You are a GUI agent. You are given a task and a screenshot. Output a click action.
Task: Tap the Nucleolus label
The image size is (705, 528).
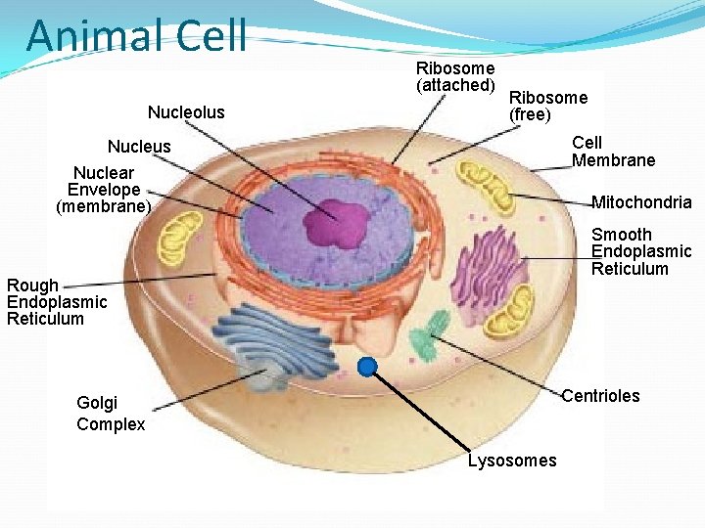point(186,112)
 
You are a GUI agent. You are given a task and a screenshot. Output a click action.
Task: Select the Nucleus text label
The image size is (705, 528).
point(139,147)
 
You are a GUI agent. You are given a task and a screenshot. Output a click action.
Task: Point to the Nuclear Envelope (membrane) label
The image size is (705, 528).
point(104,190)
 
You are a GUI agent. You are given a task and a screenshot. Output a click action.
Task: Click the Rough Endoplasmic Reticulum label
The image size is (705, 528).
point(57,302)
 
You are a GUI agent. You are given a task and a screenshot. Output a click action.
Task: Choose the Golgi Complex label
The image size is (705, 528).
point(111,414)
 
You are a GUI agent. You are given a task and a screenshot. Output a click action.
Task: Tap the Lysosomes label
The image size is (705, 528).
point(512,461)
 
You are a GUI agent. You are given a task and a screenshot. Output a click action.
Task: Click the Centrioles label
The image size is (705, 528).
point(600,396)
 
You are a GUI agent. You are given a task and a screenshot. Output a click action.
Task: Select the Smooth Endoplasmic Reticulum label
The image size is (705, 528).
point(641,251)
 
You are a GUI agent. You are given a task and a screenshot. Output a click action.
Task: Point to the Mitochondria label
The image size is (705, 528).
point(641,202)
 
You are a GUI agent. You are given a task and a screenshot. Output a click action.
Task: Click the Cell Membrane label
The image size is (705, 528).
point(613,152)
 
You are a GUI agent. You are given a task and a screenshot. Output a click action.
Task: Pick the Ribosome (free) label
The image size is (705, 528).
point(548,106)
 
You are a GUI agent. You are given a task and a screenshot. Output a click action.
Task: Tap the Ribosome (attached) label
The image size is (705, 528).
point(455,77)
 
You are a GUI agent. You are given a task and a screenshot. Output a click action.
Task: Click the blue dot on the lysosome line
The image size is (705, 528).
point(367,368)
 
